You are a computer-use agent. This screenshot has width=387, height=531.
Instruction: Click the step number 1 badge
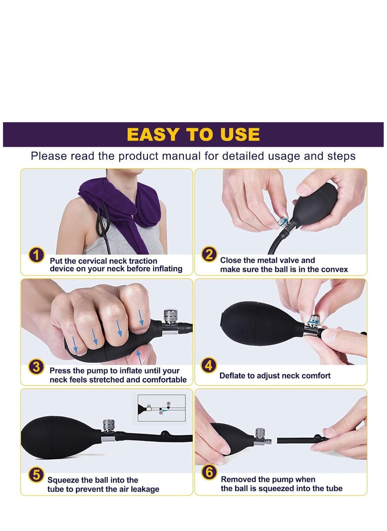pos(36,255)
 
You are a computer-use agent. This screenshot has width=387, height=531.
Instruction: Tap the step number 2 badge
pos(209,254)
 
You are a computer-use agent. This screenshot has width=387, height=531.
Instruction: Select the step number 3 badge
pos(36,367)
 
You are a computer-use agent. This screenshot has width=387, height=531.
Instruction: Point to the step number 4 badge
pos(208,365)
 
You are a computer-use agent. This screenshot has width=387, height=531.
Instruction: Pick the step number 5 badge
pos(36,475)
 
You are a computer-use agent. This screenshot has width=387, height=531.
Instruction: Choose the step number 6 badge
pos(209,472)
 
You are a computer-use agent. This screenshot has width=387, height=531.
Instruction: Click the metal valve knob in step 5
pos(109,426)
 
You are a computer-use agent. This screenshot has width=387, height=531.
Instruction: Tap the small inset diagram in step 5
pos(162,408)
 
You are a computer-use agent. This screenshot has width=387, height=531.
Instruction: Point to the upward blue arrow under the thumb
pos(138,357)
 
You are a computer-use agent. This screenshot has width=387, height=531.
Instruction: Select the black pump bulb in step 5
pos(61,437)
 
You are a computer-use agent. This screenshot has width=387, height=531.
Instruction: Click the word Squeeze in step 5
pos(63,480)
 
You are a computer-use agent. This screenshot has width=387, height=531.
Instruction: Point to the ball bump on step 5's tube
pos(164,434)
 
